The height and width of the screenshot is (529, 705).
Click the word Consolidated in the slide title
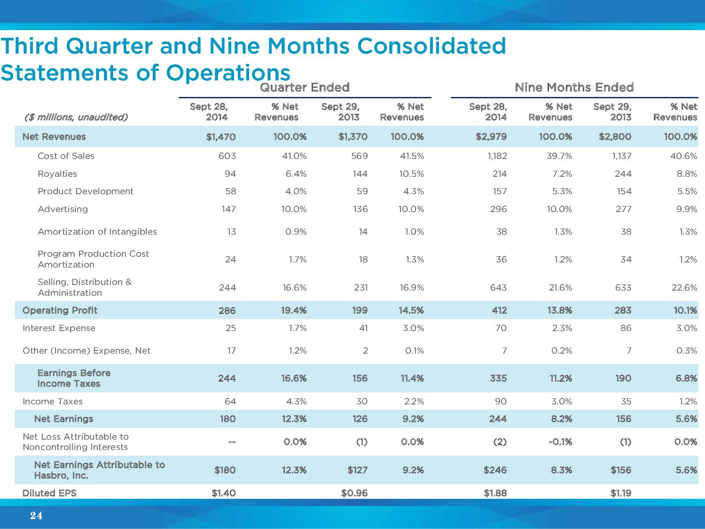(x=431, y=46)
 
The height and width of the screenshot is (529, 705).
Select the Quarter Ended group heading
(x=305, y=87)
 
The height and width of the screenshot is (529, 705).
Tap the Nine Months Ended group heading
(x=574, y=87)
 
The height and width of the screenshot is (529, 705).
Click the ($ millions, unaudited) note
(x=76, y=117)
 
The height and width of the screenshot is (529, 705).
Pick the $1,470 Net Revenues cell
(x=221, y=137)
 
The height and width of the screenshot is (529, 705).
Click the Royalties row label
(x=57, y=174)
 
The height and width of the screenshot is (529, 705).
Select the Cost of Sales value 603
(x=227, y=156)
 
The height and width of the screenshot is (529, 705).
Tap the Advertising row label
(x=63, y=209)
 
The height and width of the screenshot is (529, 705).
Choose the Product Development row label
(x=86, y=191)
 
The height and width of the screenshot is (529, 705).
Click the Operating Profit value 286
(x=227, y=310)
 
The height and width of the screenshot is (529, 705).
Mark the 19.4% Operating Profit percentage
(x=294, y=310)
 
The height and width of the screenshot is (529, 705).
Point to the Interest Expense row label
(x=59, y=328)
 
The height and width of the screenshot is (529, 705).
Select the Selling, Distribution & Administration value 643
(x=499, y=288)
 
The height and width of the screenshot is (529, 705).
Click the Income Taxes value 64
(x=230, y=402)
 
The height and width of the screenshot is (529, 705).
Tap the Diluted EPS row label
(x=49, y=493)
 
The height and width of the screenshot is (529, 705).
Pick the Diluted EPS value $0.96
(x=354, y=493)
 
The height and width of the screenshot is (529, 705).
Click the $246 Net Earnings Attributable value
(x=495, y=470)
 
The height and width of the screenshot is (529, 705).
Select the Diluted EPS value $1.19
(x=620, y=493)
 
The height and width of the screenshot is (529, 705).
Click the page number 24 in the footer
(x=36, y=516)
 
